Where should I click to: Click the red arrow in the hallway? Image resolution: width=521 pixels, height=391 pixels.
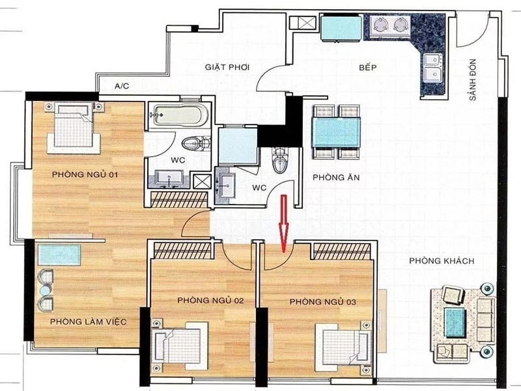pyautogui.click(x=283, y=224)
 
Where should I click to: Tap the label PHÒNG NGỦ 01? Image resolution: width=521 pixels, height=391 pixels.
pyautogui.click(x=85, y=174)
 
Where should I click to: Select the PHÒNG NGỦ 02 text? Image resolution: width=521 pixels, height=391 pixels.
pyautogui.click(x=210, y=300)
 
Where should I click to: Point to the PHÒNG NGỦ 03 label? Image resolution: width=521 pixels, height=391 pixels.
pyautogui.click(x=323, y=302)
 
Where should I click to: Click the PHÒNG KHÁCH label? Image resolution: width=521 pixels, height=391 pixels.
pyautogui.click(x=442, y=261)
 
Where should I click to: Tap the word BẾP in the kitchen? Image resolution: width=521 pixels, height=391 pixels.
pyautogui.click(x=368, y=68)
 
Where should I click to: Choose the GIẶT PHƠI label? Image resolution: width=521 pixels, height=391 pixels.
pyautogui.click(x=227, y=67)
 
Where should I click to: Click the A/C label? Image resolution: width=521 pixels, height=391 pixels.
pyautogui.click(x=122, y=86)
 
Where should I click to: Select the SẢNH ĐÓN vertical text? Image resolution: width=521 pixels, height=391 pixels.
pyautogui.click(x=473, y=80)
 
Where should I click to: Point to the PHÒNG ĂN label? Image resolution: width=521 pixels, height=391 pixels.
pyautogui.click(x=336, y=177)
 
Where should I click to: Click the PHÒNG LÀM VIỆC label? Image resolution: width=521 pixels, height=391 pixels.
pyautogui.click(x=89, y=321)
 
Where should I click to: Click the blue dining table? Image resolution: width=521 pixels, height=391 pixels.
pyautogui.click(x=336, y=132)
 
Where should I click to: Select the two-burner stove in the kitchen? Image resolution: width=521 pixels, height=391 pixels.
pyautogui.click(x=387, y=24)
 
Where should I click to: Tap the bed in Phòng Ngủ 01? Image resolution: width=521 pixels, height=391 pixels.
pyautogui.click(x=73, y=128)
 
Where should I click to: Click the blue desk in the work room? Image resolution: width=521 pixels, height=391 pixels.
pyautogui.click(x=59, y=255)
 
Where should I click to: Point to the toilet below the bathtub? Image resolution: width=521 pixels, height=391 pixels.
pyautogui.click(x=195, y=143)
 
